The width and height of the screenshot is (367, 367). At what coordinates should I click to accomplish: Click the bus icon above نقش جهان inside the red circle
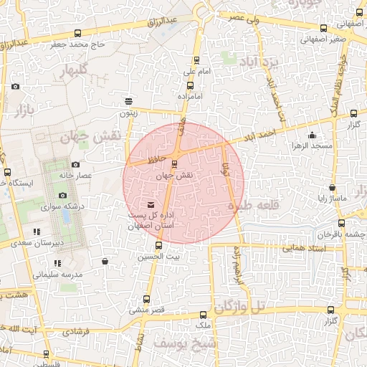click(x=176, y=163)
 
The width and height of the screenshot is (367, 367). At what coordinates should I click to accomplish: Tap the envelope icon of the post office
click(x=149, y=206)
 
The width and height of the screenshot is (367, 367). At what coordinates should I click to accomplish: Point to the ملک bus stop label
click(x=204, y=325)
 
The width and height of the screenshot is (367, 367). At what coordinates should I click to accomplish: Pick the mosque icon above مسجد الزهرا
click(x=311, y=135)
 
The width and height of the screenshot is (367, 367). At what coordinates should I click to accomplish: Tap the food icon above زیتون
click(x=128, y=101)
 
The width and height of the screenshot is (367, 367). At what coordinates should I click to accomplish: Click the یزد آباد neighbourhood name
click(x=262, y=61)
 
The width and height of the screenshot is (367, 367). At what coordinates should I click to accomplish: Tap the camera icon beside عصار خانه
click(x=76, y=165)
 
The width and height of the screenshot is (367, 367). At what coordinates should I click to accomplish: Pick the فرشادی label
click(x=76, y=333)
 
